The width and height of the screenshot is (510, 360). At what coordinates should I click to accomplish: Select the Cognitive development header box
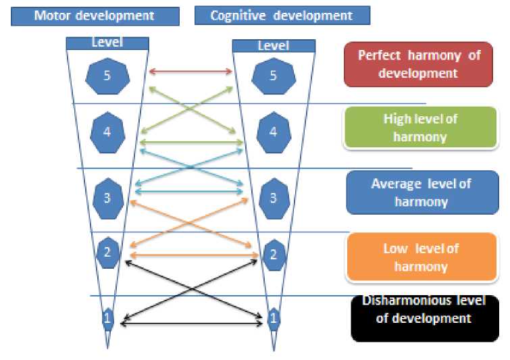pos(282,15)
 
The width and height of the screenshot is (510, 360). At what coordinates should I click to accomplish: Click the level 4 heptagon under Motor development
pos(107,132)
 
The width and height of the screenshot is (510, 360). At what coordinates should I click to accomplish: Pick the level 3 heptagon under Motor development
pos(107,198)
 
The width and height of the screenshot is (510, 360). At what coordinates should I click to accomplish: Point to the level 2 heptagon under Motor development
pos(107,252)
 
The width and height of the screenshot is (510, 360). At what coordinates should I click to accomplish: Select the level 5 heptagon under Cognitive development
pos(273,75)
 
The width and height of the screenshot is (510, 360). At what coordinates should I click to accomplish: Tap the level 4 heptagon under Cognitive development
pos(273,132)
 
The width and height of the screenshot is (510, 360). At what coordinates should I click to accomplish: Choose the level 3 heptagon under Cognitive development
pos(273,198)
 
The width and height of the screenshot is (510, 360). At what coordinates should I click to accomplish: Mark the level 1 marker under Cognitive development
pos(274,318)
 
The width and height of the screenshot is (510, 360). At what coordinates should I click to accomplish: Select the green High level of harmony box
pos(420,128)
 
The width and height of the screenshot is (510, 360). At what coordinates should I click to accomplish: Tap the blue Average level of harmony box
pos(422,192)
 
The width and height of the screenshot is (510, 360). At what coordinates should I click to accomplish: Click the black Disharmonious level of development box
pos(425,317)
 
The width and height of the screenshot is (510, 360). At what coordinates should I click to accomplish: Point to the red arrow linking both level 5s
pos(190,70)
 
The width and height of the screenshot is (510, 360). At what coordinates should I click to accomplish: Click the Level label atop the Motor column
pos(107,43)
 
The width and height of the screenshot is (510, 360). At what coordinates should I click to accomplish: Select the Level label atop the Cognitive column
pos(274,45)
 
